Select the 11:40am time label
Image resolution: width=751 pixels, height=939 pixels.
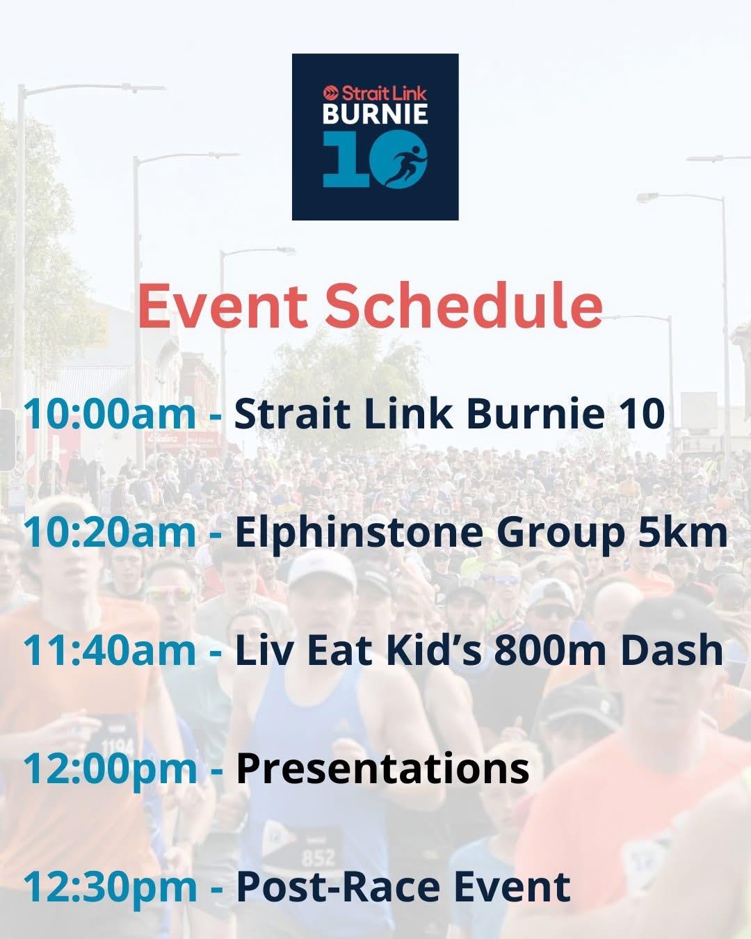[x=110, y=650]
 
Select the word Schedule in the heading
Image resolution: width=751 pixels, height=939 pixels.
[x=464, y=304]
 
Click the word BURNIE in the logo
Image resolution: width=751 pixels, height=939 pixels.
[x=375, y=114]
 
